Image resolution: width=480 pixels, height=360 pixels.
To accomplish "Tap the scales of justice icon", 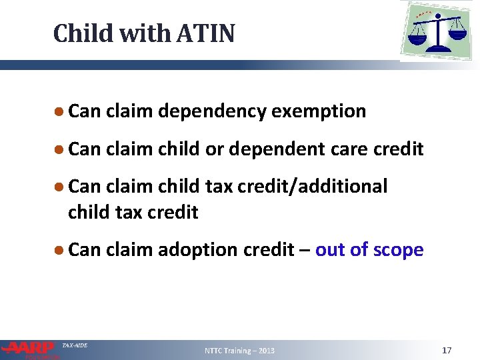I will (x=437, y=31).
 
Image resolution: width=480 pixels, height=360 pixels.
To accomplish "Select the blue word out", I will (x=328, y=250).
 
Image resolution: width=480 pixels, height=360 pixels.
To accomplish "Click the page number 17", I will (x=447, y=350).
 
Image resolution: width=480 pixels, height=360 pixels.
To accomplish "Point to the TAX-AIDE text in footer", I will (x=74, y=345).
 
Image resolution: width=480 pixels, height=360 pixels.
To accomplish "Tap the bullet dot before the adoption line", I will (x=59, y=249).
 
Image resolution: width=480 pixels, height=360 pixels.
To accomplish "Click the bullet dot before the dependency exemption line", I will (x=59, y=111).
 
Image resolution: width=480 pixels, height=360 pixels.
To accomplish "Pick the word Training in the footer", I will (x=240, y=351).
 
